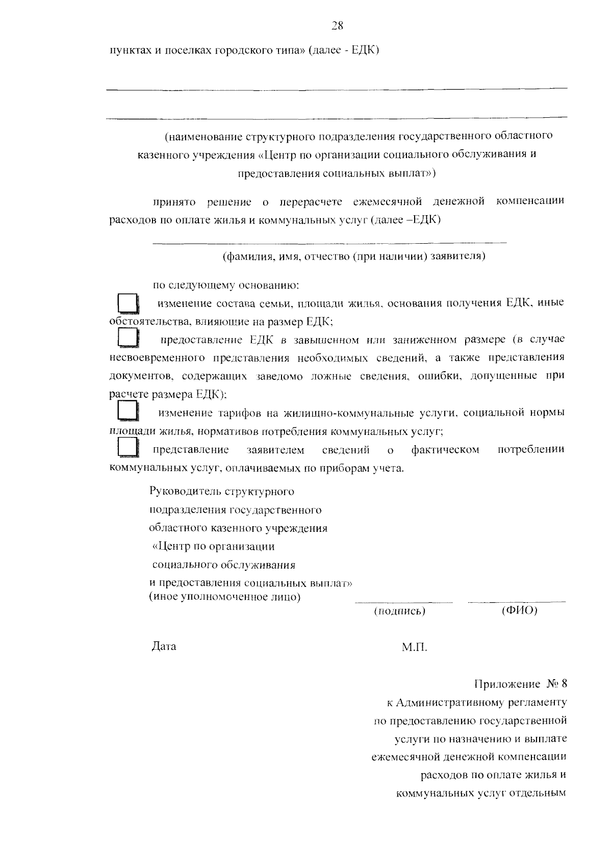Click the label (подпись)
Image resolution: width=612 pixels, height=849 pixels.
coord(399,611)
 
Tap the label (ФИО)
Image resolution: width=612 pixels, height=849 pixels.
coord(519,610)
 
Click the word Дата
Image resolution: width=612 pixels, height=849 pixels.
coord(164,647)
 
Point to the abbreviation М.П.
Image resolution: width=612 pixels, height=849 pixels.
coord(414,648)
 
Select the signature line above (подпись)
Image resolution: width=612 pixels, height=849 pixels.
coord(403,602)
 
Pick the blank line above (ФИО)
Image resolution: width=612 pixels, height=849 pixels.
coord(517,602)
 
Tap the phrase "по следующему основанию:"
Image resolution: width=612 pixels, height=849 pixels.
coord(226,286)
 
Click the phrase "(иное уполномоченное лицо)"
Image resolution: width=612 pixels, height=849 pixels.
coord(224,597)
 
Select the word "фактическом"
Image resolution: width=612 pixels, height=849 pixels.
coord(445,450)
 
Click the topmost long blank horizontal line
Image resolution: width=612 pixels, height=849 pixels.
coord(337,89)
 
